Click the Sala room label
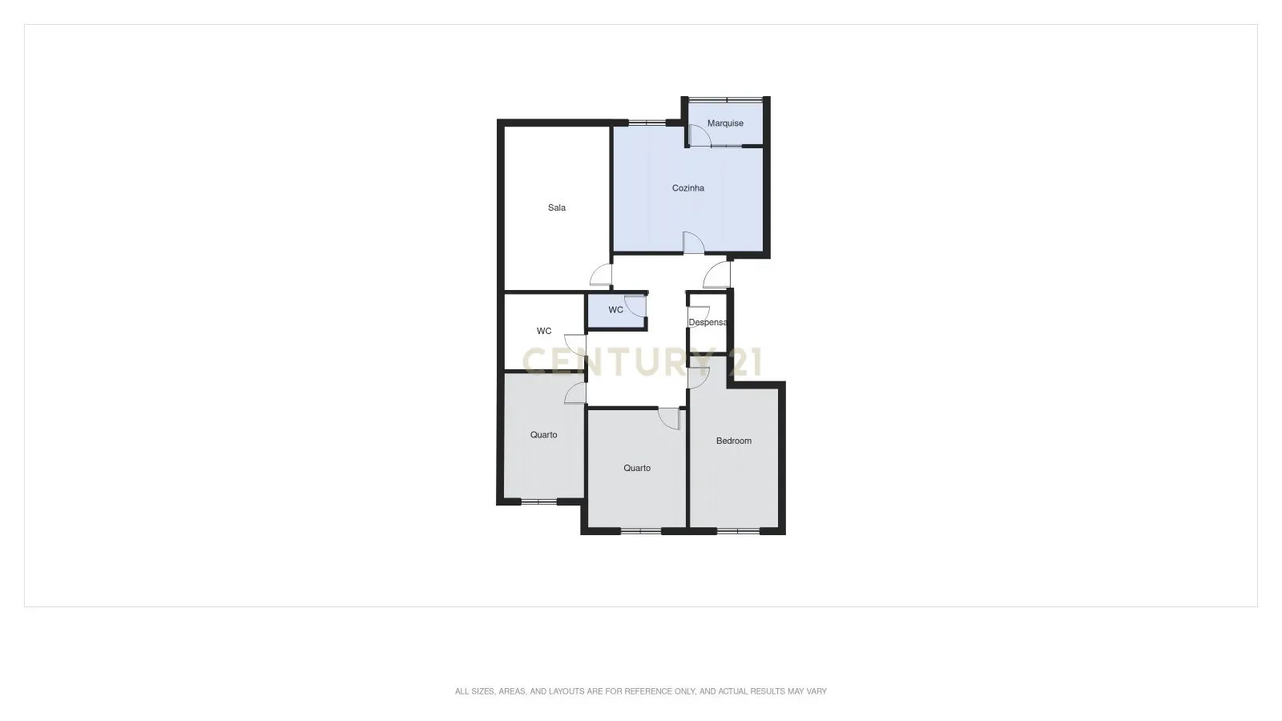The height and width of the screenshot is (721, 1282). click(x=557, y=208)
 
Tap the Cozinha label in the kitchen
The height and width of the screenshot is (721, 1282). click(x=688, y=188)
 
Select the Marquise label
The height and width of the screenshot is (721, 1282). click(x=725, y=123)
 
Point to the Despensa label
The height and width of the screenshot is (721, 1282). click(x=708, y=323)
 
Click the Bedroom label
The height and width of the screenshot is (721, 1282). click(x=734, y=441)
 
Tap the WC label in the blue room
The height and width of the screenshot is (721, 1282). click(x=615, y=310)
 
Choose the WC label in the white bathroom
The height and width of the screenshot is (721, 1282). click(x=544, y=331)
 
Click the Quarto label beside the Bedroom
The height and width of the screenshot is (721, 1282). click(x=637, y=468)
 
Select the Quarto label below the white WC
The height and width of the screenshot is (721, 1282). click(x=544, y=435)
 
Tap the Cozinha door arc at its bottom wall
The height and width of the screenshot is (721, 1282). click(x=693, y=242)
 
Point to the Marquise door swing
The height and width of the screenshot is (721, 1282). click(x=699, y=135)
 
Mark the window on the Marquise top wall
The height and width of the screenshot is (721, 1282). click(x=725, y=99)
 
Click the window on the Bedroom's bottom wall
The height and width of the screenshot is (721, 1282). click(x=737, y=530)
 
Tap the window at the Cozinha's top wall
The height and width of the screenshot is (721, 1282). click(x=647, y=123)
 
